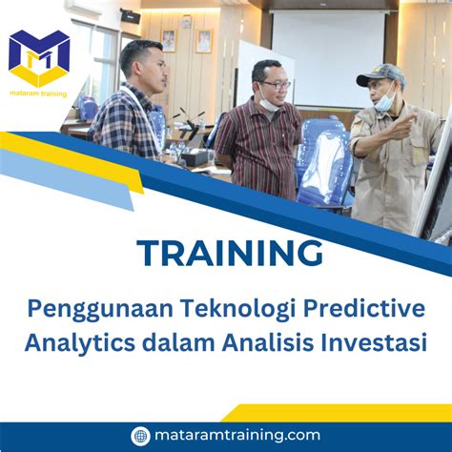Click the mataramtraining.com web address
coord(237,435)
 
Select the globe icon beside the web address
coord(140,435)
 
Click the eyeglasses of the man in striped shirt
coord(276,84)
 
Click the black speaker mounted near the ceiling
coord(131,15)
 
